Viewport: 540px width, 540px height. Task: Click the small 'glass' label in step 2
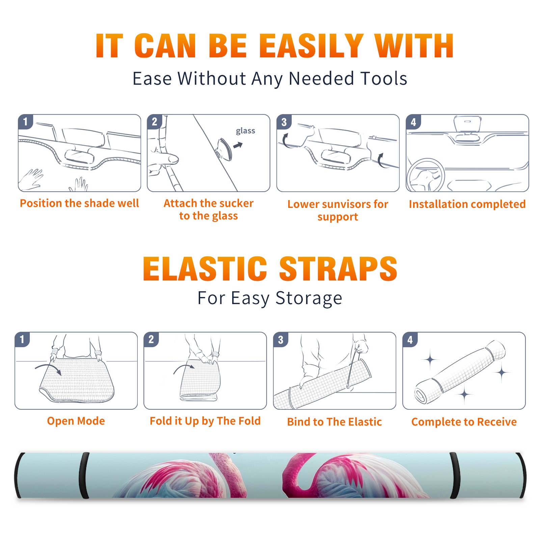pyautogui.click(x=245, y=131)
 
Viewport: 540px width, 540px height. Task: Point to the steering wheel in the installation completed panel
pyautogui.click(x=426, y=175)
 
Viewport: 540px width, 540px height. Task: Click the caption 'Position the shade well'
pyautogui.click(x=79, y=203)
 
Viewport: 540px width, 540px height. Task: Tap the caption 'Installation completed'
pyautogui.click(x=467, y=204)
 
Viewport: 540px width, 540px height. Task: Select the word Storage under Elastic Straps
pyautogui.click(x=309, y=298)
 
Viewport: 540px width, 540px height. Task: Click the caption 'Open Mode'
pyautogui.click(x=76, y=421)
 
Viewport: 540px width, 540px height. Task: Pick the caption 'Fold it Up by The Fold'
pyautogui.click(x=205, y=421)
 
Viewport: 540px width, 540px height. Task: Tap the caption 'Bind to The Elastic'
pyautogui.click(x=334, y=422)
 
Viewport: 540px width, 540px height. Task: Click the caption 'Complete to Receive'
pyautogui.click(x=464, y=422)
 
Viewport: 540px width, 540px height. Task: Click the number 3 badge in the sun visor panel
pyautogui.click(x=284, y=122)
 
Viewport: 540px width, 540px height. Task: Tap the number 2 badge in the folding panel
pyautogui.click(x=151, y=340)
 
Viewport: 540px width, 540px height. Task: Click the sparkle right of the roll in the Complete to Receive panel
pyautogui.click(x=502, y=373)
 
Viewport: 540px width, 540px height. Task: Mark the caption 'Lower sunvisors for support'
pyautogui.click(x=338, y=210)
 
